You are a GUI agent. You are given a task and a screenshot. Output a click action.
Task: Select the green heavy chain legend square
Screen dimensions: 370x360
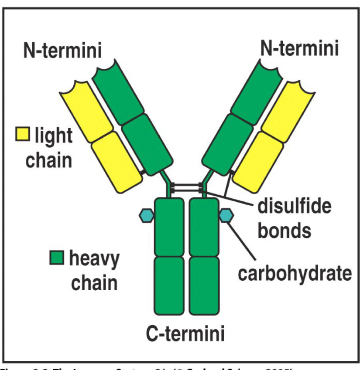point(57,258)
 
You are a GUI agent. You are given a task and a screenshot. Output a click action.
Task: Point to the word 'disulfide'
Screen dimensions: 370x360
point(294,206)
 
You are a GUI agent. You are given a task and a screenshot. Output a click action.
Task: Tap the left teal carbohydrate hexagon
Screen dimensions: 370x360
point(146,214)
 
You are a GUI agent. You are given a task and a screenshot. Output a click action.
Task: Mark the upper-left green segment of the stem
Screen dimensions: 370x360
point(169,227)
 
